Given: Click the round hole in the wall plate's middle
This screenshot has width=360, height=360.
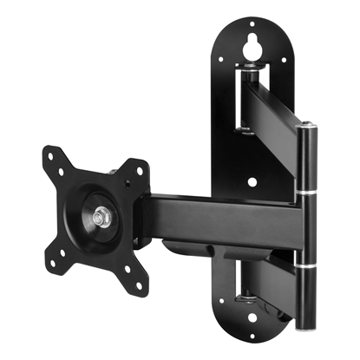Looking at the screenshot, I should click(x=252, y=183).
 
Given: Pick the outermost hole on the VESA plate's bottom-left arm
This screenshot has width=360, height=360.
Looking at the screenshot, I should click(x=60, y=255).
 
